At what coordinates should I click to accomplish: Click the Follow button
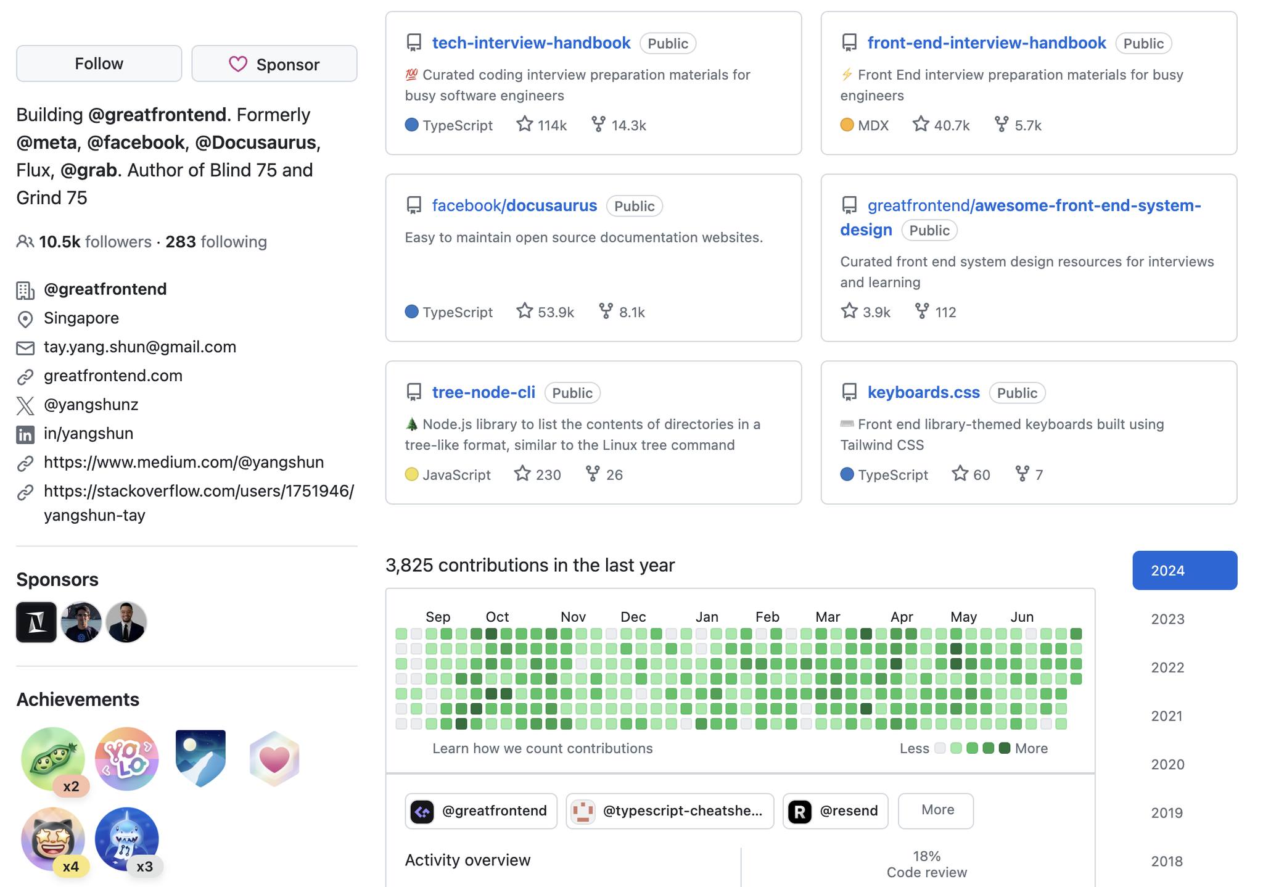point(99,64)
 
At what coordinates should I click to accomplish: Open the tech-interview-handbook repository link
point(530,43)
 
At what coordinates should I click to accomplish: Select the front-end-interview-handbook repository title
point(986,43)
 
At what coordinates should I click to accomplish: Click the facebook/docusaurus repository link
point(514,206)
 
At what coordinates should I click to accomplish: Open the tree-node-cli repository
point(483,393)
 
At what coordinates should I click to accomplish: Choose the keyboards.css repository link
point(923,393)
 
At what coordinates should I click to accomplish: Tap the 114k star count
point(543,125)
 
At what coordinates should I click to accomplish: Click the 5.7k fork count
point(1019,125)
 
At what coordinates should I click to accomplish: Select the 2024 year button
point(1184,571)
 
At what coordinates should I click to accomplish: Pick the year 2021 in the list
point(1167,716)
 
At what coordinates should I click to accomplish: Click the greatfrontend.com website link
point(113,376)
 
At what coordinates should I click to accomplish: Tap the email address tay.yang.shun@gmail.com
point(140,347)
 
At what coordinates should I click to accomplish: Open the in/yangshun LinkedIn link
point(88,434)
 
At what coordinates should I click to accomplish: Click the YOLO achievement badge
point(126,759)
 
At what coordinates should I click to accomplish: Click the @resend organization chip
point(835,811)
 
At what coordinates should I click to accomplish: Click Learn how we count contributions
point(542,748)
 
